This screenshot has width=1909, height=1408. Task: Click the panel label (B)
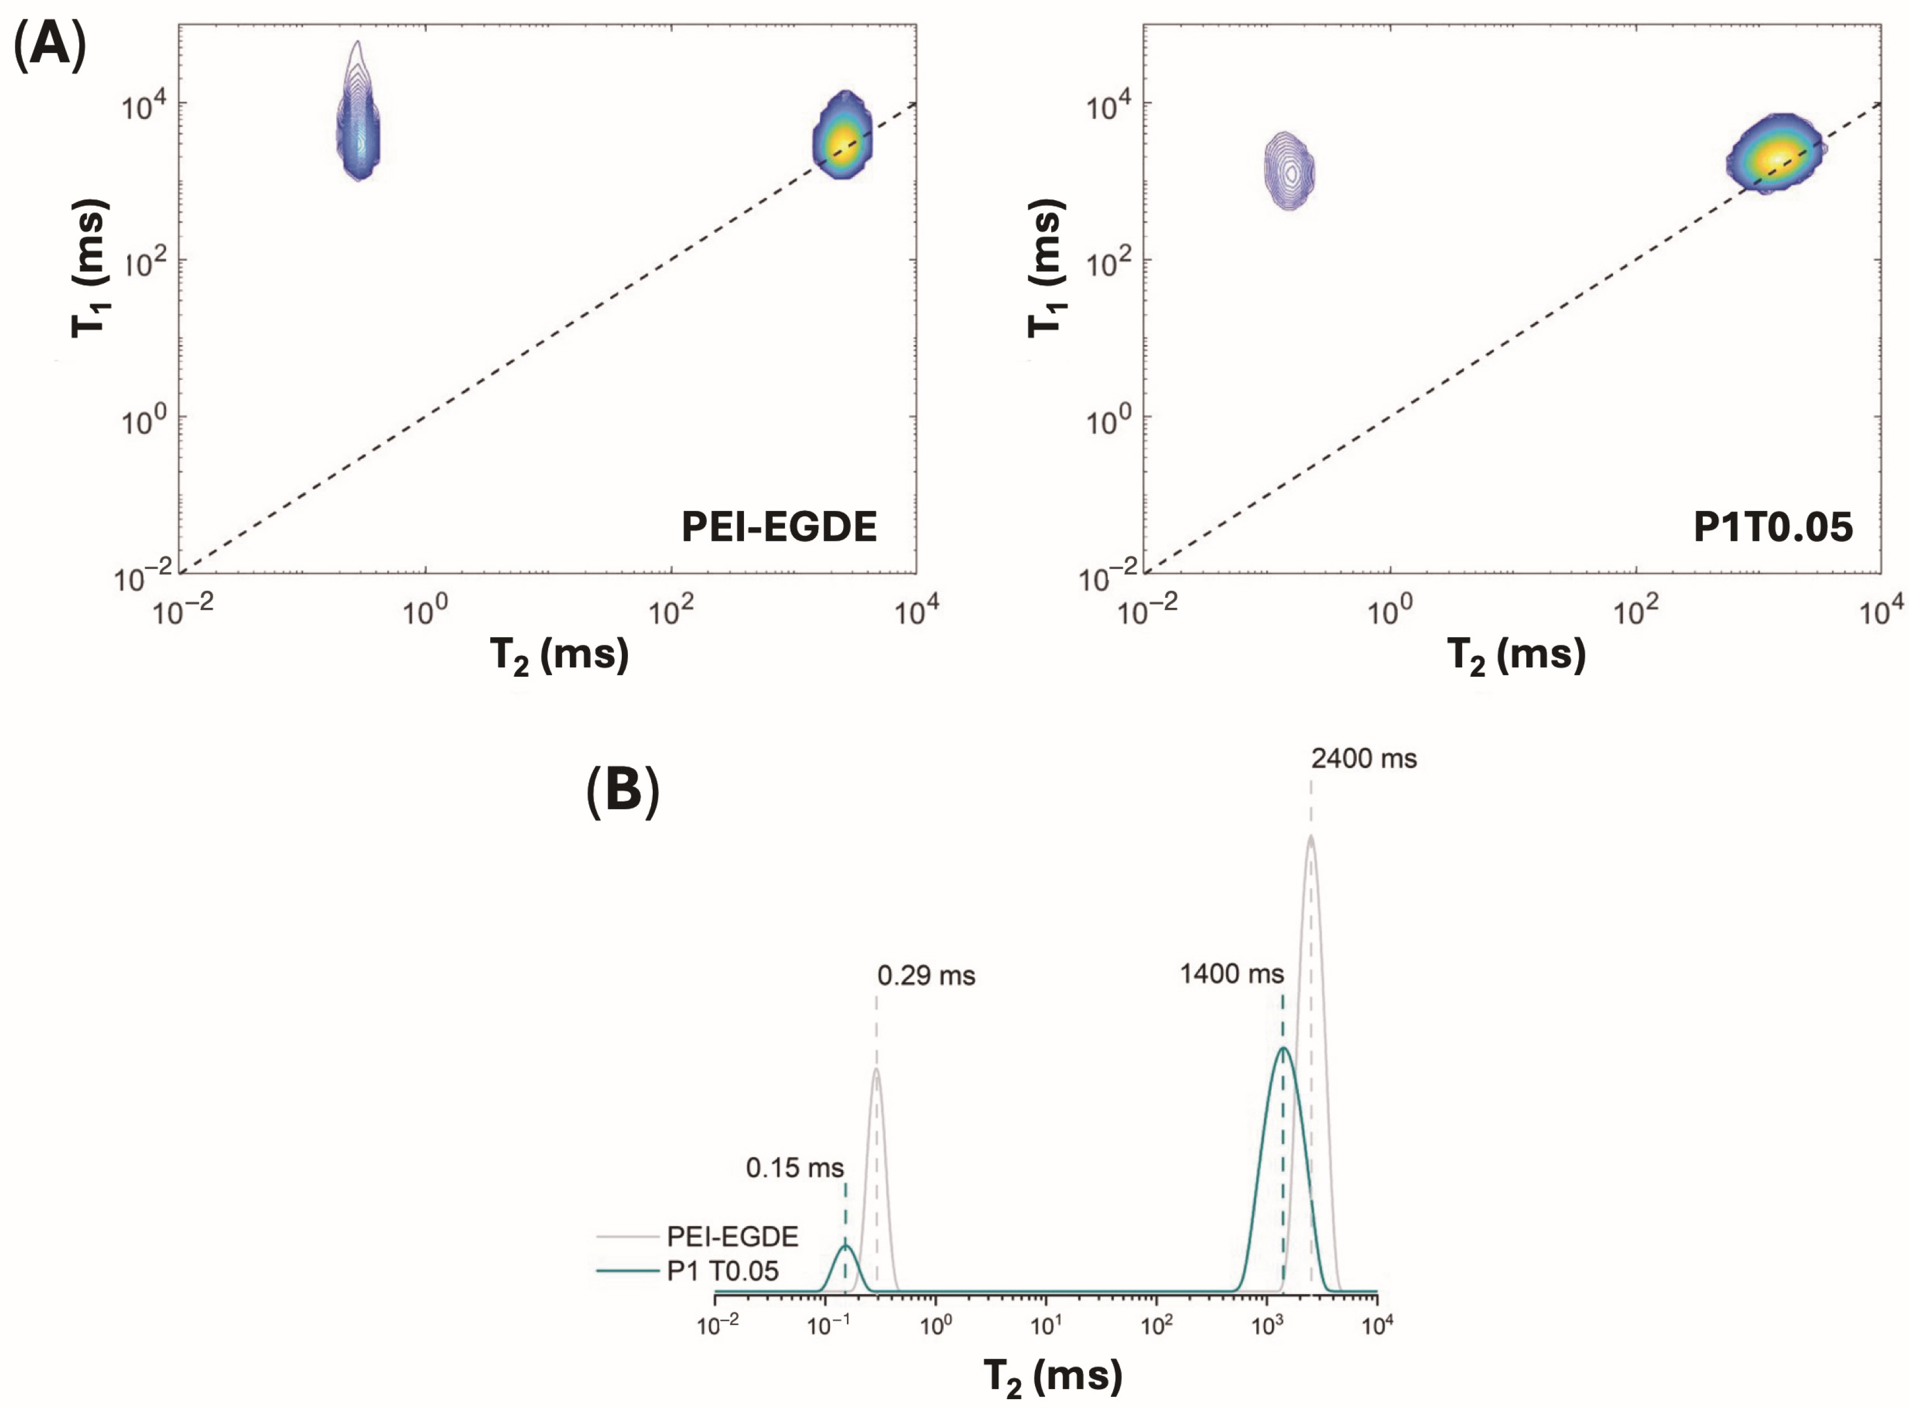tap(622, 791)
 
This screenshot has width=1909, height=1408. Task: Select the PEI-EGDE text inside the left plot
tap(778, 526)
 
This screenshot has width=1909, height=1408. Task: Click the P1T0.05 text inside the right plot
tap(1772, 526)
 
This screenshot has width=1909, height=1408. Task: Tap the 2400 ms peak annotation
tap(1364, 759)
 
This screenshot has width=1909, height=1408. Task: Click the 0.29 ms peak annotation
tap(926, 975)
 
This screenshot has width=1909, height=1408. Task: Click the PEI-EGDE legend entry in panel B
tap(731, 1236)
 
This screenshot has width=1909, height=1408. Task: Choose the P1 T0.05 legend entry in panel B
tap(721, 1271)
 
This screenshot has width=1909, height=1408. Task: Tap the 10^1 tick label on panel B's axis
tap(1045, 1327)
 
